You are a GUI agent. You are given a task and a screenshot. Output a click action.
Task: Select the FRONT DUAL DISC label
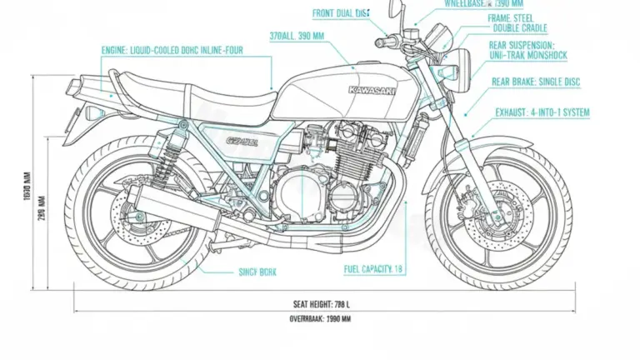click(x=341, y=13)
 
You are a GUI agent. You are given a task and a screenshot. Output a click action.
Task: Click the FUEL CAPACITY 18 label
click(x=373, y=269)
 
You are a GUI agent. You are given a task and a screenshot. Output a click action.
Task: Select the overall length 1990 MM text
click(x=320, y=318)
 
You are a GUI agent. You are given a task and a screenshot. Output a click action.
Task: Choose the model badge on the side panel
click(x=244, y=140)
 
